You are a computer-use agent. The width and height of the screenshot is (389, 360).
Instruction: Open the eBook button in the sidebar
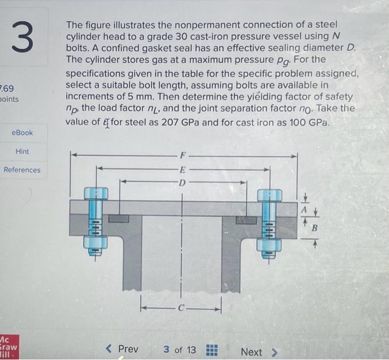[22, 132]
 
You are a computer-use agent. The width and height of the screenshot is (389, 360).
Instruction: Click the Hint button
[22, 151]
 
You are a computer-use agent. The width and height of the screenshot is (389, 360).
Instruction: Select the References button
[22, 170]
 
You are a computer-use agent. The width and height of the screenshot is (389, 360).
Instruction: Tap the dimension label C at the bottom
[181, 306]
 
